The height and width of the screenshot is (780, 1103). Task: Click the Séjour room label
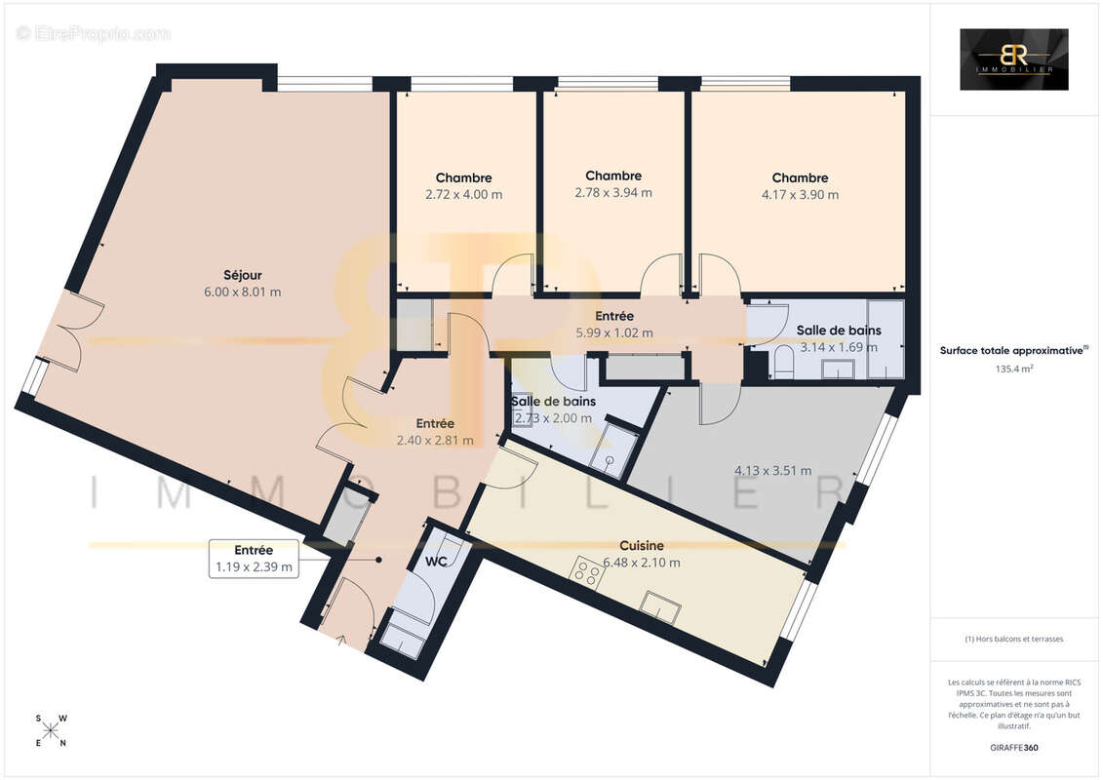(x=243, y=275)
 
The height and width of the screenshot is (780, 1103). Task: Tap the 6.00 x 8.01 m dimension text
(x=243, y=292)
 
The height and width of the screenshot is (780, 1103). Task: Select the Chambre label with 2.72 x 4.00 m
(x=463, y=178)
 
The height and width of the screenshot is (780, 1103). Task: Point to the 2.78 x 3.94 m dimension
(x=613, y=193)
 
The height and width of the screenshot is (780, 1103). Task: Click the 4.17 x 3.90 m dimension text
(x=800, y=195)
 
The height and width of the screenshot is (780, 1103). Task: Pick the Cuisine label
(x=642, y=546)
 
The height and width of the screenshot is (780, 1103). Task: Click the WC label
(x=436, y=562)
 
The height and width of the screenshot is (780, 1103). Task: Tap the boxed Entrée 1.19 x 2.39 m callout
(x=254, y=559)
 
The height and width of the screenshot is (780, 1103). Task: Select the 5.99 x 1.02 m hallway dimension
(x=614, y=332)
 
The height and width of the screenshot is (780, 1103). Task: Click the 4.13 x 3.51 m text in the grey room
(x=773, y=471)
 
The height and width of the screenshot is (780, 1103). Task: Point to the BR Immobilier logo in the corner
(x=1013, y=59)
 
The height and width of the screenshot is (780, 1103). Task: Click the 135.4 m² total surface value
(x=1013, y=369)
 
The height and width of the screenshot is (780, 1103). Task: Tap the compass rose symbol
(x=52, y=731)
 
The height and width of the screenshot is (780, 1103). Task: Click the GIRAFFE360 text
(x=1013, y=748)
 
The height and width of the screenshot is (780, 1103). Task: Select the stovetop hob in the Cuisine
(x=587, y=572)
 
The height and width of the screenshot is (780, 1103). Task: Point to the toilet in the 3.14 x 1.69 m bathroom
(x=784, y=362)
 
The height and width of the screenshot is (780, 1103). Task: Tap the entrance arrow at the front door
(x=342, y=640)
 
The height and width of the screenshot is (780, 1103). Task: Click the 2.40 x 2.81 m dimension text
(x=435, y=441)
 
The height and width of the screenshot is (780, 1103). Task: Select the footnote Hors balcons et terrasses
(x=1013, y=640)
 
